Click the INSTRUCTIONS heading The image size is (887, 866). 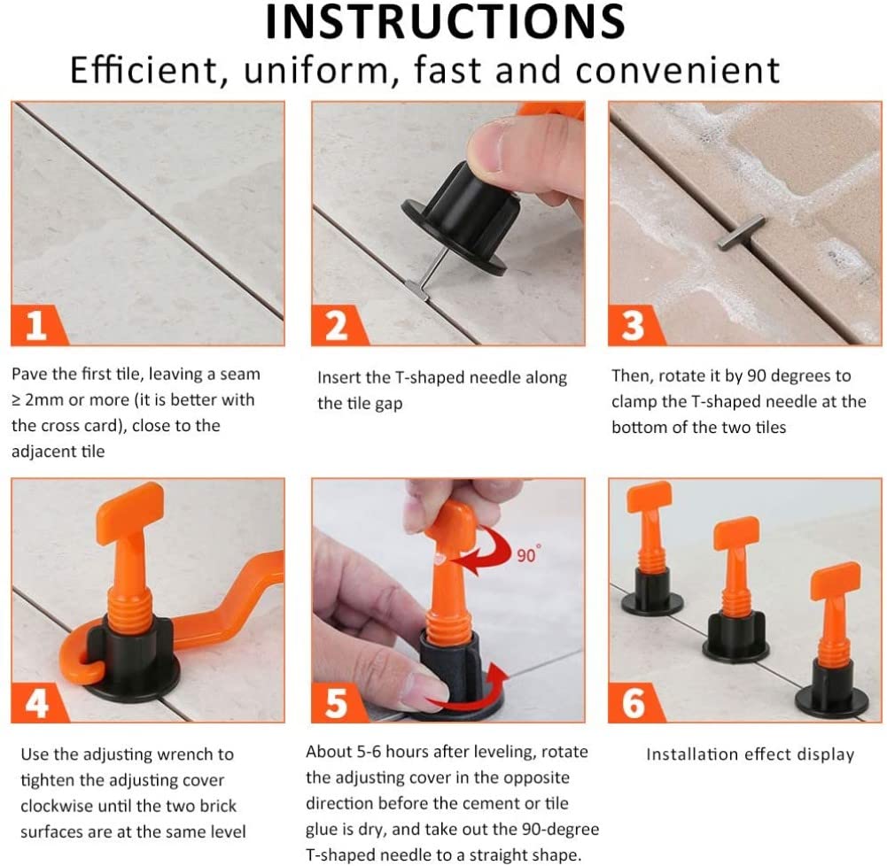445,21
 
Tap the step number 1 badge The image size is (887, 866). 36,325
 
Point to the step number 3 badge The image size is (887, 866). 634,325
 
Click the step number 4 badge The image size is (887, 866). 36,703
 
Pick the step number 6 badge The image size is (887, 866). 634,703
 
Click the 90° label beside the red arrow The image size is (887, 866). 528,554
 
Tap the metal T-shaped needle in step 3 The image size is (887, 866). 741,233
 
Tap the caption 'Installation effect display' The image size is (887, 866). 751,754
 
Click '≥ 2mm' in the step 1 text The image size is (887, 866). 36,400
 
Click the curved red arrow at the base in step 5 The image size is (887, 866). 471,692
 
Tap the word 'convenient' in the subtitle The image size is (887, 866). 678,70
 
